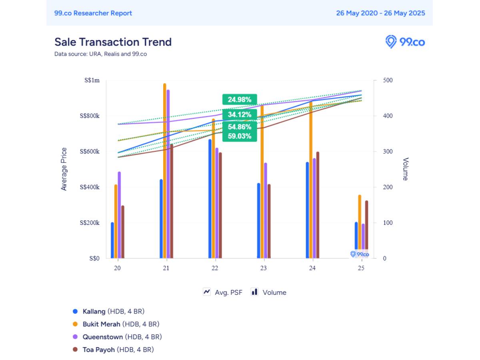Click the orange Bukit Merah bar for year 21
tap(164, 172)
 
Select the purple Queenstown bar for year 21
tap(168, 176)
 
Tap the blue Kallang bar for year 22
tap(210, 200)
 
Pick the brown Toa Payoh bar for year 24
tap(318, 206)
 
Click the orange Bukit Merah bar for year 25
tap(360, 228)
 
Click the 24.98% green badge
tap(240, 100)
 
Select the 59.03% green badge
tap(240, 136)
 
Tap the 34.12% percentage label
tap(240, 115)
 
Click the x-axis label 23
tap(263, 268)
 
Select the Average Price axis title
tap(64, 169)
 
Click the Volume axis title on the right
tap(405, 169)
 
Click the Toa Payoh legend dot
tap(75, 350)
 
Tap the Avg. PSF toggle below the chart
tap(223, 292)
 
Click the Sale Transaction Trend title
tap(113, 42)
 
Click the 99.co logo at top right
tap(405, 42)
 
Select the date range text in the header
tap(380, 13)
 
